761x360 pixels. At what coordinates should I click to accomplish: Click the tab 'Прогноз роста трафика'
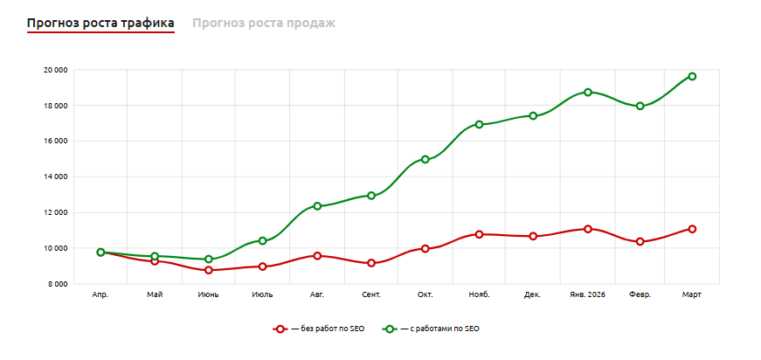(100, 23)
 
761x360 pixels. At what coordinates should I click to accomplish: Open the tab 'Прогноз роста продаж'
(264, 23)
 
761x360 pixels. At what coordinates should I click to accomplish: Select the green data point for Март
(692, 76)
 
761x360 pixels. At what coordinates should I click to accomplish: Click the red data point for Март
(692, 229)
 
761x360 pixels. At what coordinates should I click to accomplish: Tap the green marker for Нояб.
(479, 124)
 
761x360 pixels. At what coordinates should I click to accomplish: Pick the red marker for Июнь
(209, 270)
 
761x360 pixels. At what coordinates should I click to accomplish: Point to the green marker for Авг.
(317, 206)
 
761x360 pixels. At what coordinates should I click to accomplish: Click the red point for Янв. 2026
(588, 229)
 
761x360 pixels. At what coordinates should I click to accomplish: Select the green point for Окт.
(425, 159)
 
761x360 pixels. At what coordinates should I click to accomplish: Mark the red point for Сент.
(371, 263)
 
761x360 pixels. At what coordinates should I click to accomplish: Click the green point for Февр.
(640, 106)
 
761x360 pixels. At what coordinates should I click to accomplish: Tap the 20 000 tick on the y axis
(56, 70)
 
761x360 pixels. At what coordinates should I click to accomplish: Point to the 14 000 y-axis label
(56, 177)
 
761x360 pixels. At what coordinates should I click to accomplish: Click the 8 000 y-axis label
(58, 284)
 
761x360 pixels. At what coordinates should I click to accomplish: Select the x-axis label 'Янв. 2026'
(587, 295)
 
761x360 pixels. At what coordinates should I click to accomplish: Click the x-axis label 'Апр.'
(100, 295)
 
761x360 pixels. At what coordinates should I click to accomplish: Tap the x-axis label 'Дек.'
(532, 295)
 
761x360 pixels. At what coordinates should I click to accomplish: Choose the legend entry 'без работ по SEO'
(319, 329)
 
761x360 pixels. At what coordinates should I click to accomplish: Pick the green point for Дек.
(533, 115)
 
